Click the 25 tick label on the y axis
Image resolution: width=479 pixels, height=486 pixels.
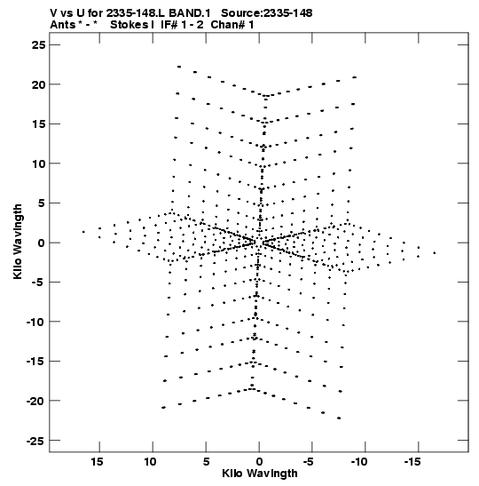tap(38, 45)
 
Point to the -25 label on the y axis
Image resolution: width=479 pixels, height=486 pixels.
tap(35, 441)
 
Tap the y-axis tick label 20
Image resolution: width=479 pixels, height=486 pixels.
tap(38, 84)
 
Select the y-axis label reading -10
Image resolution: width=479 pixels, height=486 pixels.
tap(35, 322)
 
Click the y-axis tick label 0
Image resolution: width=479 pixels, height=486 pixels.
tap(42, 243)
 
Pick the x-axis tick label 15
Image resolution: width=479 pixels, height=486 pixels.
tap(97, 462)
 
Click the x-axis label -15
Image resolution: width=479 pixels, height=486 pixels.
tap(412, 462)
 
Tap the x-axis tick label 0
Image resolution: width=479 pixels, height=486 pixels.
tap(259, 462)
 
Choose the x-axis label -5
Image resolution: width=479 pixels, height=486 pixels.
tap(309, 462)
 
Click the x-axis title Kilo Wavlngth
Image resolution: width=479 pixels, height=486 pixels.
tap(260, 474)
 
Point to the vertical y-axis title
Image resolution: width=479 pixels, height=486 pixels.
tap(19, 242)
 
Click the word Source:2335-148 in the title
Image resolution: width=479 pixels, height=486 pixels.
tap(267, 13)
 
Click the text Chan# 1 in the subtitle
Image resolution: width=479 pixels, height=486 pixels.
tap(232, 25)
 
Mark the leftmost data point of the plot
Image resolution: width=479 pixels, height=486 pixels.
tap(83, 232)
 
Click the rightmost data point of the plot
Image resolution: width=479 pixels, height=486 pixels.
tap(435, 253)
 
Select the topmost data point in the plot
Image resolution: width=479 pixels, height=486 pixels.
tap(179, 67)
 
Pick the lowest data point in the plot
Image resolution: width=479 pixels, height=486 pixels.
tap(339, 418)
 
